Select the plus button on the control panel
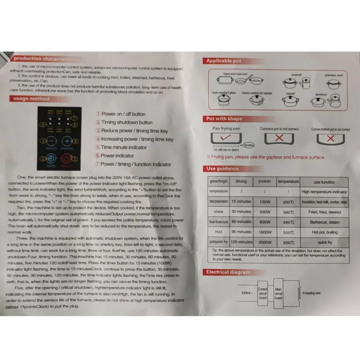[x=66, y=141]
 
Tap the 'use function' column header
[x=323, y=181]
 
